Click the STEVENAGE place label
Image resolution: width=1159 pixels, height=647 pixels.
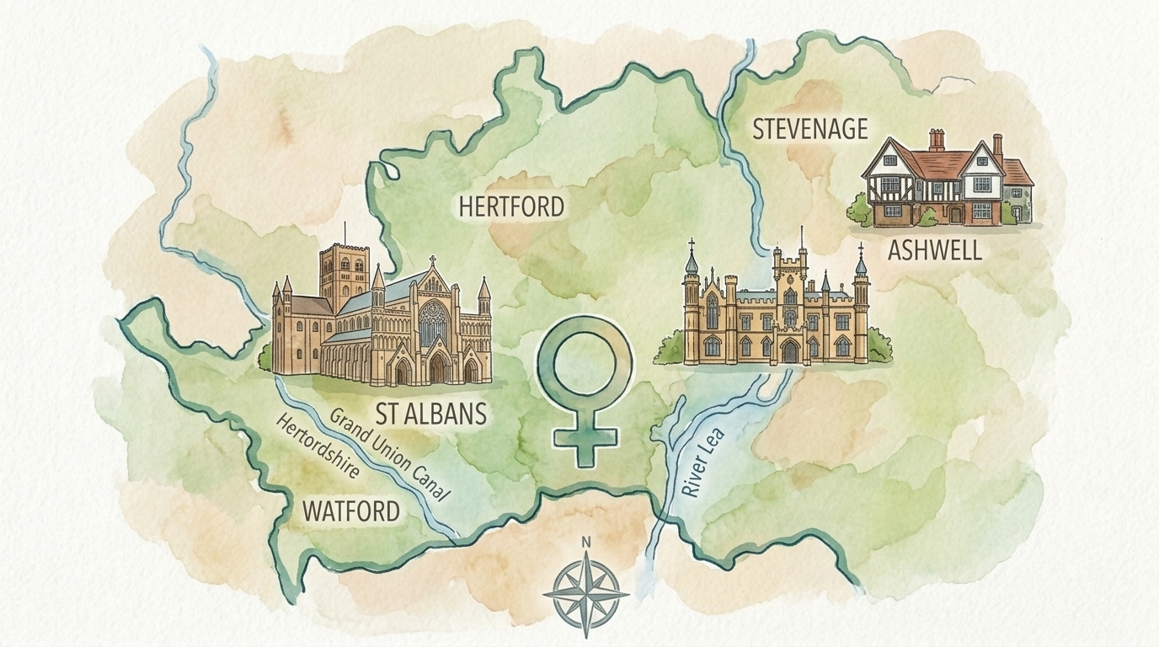pyautogui.click(x=809, y=129)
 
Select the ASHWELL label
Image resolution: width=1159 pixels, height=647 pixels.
pyautogui.click(x=935, y=250)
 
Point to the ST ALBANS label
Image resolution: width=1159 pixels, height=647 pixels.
pyautogui.click(x=432, y=414)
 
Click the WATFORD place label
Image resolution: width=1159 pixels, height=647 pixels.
pyautogui.click(x=350, y=511)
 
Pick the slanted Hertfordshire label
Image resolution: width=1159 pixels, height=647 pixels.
pyautogui.click(x=318, y=446)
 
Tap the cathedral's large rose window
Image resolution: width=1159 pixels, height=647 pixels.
pyautogui.click(x=434, y=320)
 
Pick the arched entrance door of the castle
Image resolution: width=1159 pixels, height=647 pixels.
pyautogui.click(x=789, y=351)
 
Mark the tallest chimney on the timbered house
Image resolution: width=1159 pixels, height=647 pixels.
pyautogui.click(x=937, y=140)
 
